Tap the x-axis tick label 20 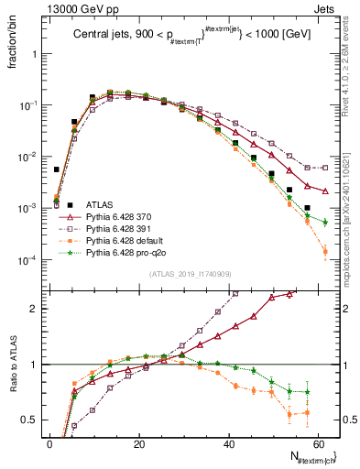point(138,444)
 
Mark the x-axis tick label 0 point(49,444)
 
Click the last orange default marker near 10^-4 point(325,251)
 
